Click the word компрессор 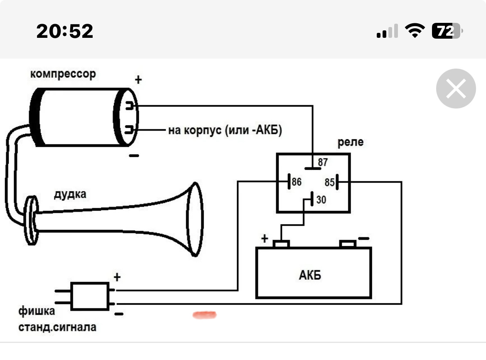click(x=63, y=74)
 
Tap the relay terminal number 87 click(x=323, y=162)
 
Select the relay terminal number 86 click(x=297, y=182)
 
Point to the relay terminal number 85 click(x=329, y=182)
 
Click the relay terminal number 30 click(x=321, y=200)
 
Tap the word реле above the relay click(x=351, y=142)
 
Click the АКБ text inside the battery click(x=310, y=275)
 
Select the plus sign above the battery click(x=265, y=239)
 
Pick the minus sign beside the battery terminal click(x=363, y=239)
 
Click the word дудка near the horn click(x=70, y=194)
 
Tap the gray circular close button click(x=456, y=89)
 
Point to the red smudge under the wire click(x=205, y=315)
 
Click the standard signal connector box click(x=90, y=296)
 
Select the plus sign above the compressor click(x=138, y=80)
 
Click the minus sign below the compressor click(x=134, y=156)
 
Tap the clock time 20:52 click(x=65, y=31)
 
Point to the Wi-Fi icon click(x=414, y=31)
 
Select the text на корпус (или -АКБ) click(x=225, y=131)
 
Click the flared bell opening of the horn click(x=194, y=219)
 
